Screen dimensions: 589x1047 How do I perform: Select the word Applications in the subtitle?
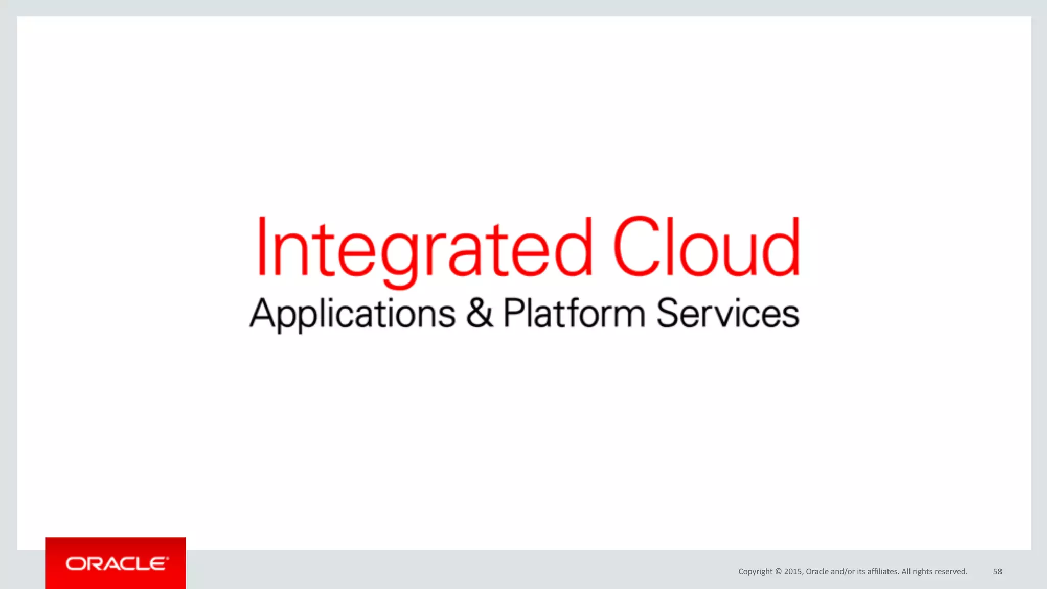[x=352, y=314]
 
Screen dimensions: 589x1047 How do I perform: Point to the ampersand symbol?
[x=479, y=313]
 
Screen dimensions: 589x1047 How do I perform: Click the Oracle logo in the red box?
[x=116, y=563]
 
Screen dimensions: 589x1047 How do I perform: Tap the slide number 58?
[x=997, y=571]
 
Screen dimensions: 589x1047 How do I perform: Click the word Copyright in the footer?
[x=755, y=571]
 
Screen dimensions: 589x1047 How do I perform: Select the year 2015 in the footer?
[x=793, y=571]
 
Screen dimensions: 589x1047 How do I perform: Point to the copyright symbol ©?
[x=778, y=571]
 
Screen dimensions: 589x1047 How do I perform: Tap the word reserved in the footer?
[x=951, y=571]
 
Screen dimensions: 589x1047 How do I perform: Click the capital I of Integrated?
[x=262, y=246]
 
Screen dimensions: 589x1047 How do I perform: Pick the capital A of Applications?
[x=263, y=313]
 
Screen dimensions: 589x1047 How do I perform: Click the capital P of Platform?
[x=513, y=312]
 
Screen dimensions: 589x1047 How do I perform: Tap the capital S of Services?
[x=669, y=313]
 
